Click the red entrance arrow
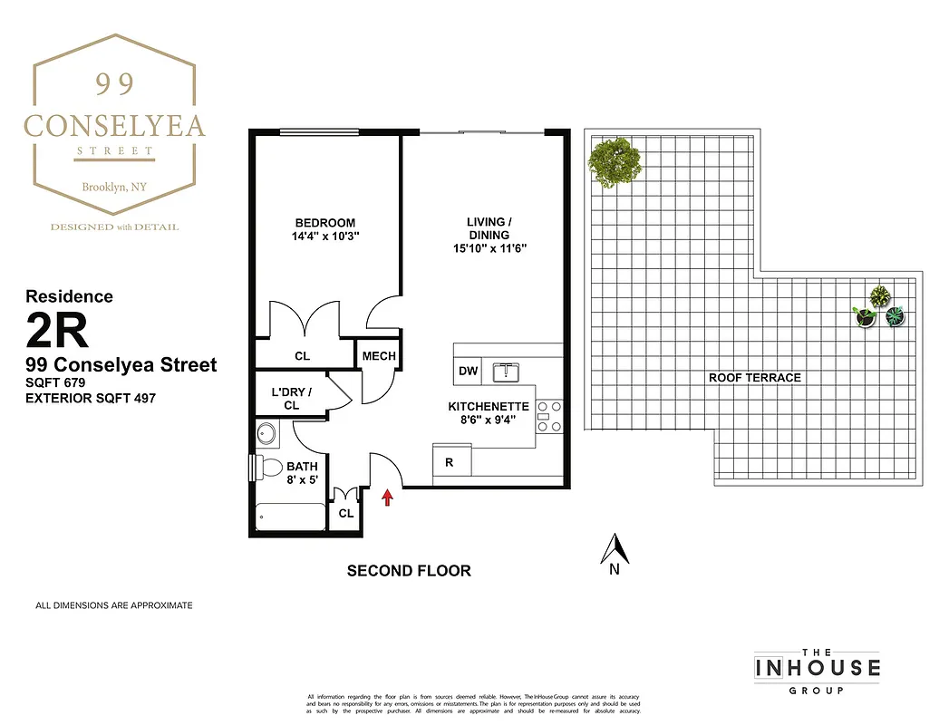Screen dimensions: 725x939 [388, 497]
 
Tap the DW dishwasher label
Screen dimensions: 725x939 [468, 372]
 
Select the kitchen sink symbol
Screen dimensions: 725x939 [504, 372]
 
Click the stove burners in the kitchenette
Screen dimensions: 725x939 [549, 417]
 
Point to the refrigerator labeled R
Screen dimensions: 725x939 [450, 462]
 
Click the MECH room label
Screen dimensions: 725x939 [379, 356]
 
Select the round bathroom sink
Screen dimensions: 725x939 [267, 433]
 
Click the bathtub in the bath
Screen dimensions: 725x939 [290, 517]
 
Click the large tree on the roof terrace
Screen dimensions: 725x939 [615, 162]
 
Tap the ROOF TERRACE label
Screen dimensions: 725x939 [754, 377]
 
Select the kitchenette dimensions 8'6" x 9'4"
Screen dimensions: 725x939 [489, 420]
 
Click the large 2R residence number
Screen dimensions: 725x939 [58, 332]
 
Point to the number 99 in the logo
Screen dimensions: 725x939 [115, 84]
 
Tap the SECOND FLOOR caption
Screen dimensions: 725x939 [409, 571]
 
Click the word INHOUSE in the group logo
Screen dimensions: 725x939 [817, 668]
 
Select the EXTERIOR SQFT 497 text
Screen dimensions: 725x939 [84, 398]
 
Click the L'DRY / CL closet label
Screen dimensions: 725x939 [291, 399]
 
